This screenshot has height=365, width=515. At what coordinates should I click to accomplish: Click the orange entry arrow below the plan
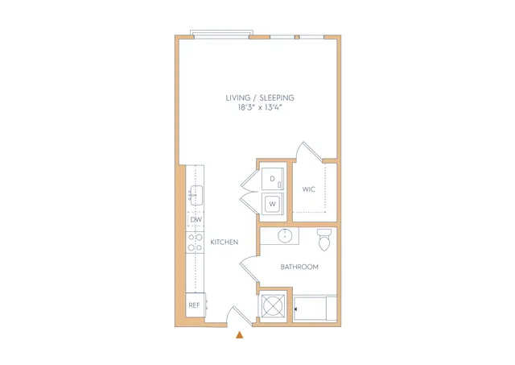tap(240, 334)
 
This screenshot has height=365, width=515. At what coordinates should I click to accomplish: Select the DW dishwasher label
tap(196, 220)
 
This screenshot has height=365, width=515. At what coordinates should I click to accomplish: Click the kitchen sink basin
tap(196, 195)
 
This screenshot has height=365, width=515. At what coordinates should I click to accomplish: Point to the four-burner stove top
tap(195, 243)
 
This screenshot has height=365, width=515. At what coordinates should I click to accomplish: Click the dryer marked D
tap(273, 179)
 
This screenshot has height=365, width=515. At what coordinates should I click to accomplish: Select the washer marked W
tap(273, 204)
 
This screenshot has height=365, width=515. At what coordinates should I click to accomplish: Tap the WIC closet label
tap(308, 189)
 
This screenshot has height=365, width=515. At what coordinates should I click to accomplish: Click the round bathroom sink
tap(285, 236)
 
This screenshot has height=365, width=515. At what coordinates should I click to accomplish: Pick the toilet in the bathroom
tap(324, 240)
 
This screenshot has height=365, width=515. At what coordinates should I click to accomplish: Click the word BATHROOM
tap(299, 267)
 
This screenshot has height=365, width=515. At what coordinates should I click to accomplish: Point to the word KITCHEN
tap(225, 243)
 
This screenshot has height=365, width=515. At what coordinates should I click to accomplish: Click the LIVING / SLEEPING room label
tap(260, 97)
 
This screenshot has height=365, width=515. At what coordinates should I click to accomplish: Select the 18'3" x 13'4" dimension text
tap(260, 107)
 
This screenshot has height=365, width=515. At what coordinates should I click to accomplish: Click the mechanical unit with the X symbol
tap(274, 306)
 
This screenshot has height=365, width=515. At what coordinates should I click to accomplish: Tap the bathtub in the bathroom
tap(315, 308)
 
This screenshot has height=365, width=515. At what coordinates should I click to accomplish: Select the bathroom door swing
tap(249, 268)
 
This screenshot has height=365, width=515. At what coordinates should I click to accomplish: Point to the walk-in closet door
tap(310, 151)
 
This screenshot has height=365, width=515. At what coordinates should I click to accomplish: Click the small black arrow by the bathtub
tap(296, 309)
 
